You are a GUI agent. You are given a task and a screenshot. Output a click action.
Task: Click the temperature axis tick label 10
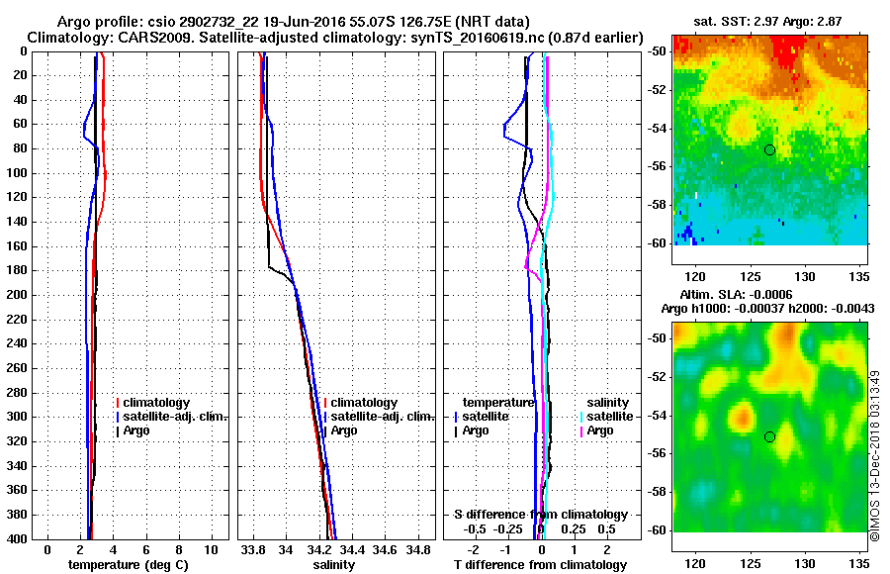click(211, 548)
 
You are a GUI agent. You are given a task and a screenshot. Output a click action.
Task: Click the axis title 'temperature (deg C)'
click(128, 564)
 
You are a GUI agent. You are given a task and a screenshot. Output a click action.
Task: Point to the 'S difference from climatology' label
click(540, 515)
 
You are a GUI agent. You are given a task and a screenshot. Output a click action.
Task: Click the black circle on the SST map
click(769, 149)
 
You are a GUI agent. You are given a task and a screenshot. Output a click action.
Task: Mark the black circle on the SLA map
click(769, 436)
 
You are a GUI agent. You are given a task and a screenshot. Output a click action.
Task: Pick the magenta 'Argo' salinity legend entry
click(600, 430)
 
